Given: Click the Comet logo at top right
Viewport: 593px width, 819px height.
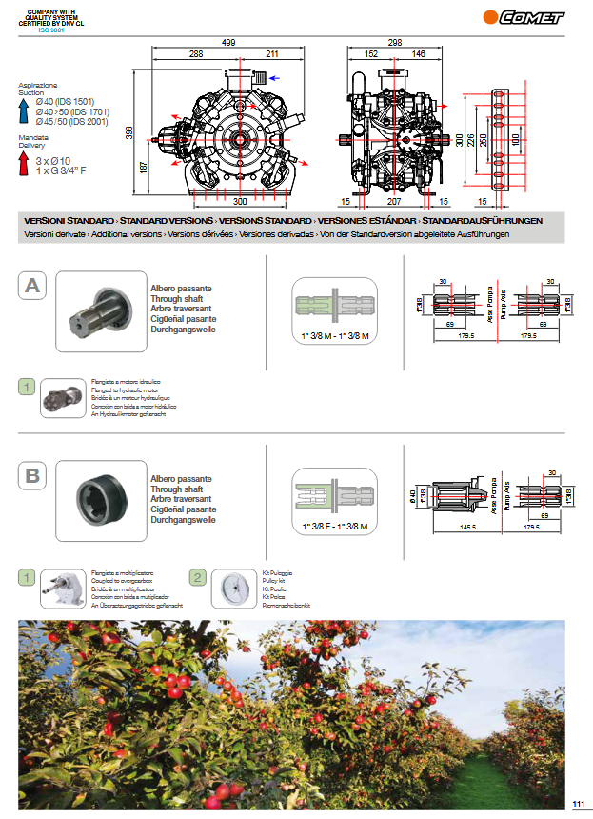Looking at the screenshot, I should point(524,16).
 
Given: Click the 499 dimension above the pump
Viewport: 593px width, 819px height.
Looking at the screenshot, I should point(228,43).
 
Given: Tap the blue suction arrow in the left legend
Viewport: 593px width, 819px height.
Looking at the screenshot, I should point(25,110).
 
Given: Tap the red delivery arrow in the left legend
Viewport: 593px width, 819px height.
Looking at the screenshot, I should point(25,165).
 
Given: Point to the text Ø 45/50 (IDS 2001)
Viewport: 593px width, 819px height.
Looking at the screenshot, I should point(72,121).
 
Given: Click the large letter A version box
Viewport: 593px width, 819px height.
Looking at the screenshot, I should point(32,285).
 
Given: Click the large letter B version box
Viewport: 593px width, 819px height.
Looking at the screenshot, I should point(32,474).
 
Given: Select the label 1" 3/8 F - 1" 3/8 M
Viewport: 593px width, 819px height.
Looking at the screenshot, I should point(334,526).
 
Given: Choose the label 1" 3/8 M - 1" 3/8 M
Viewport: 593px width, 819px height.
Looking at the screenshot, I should point(334,337).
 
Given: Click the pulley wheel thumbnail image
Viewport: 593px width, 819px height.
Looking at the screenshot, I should point(231,589).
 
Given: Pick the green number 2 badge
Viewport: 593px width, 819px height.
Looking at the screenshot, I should point(197,576).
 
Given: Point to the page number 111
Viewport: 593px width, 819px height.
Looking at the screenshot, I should point(578,806).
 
